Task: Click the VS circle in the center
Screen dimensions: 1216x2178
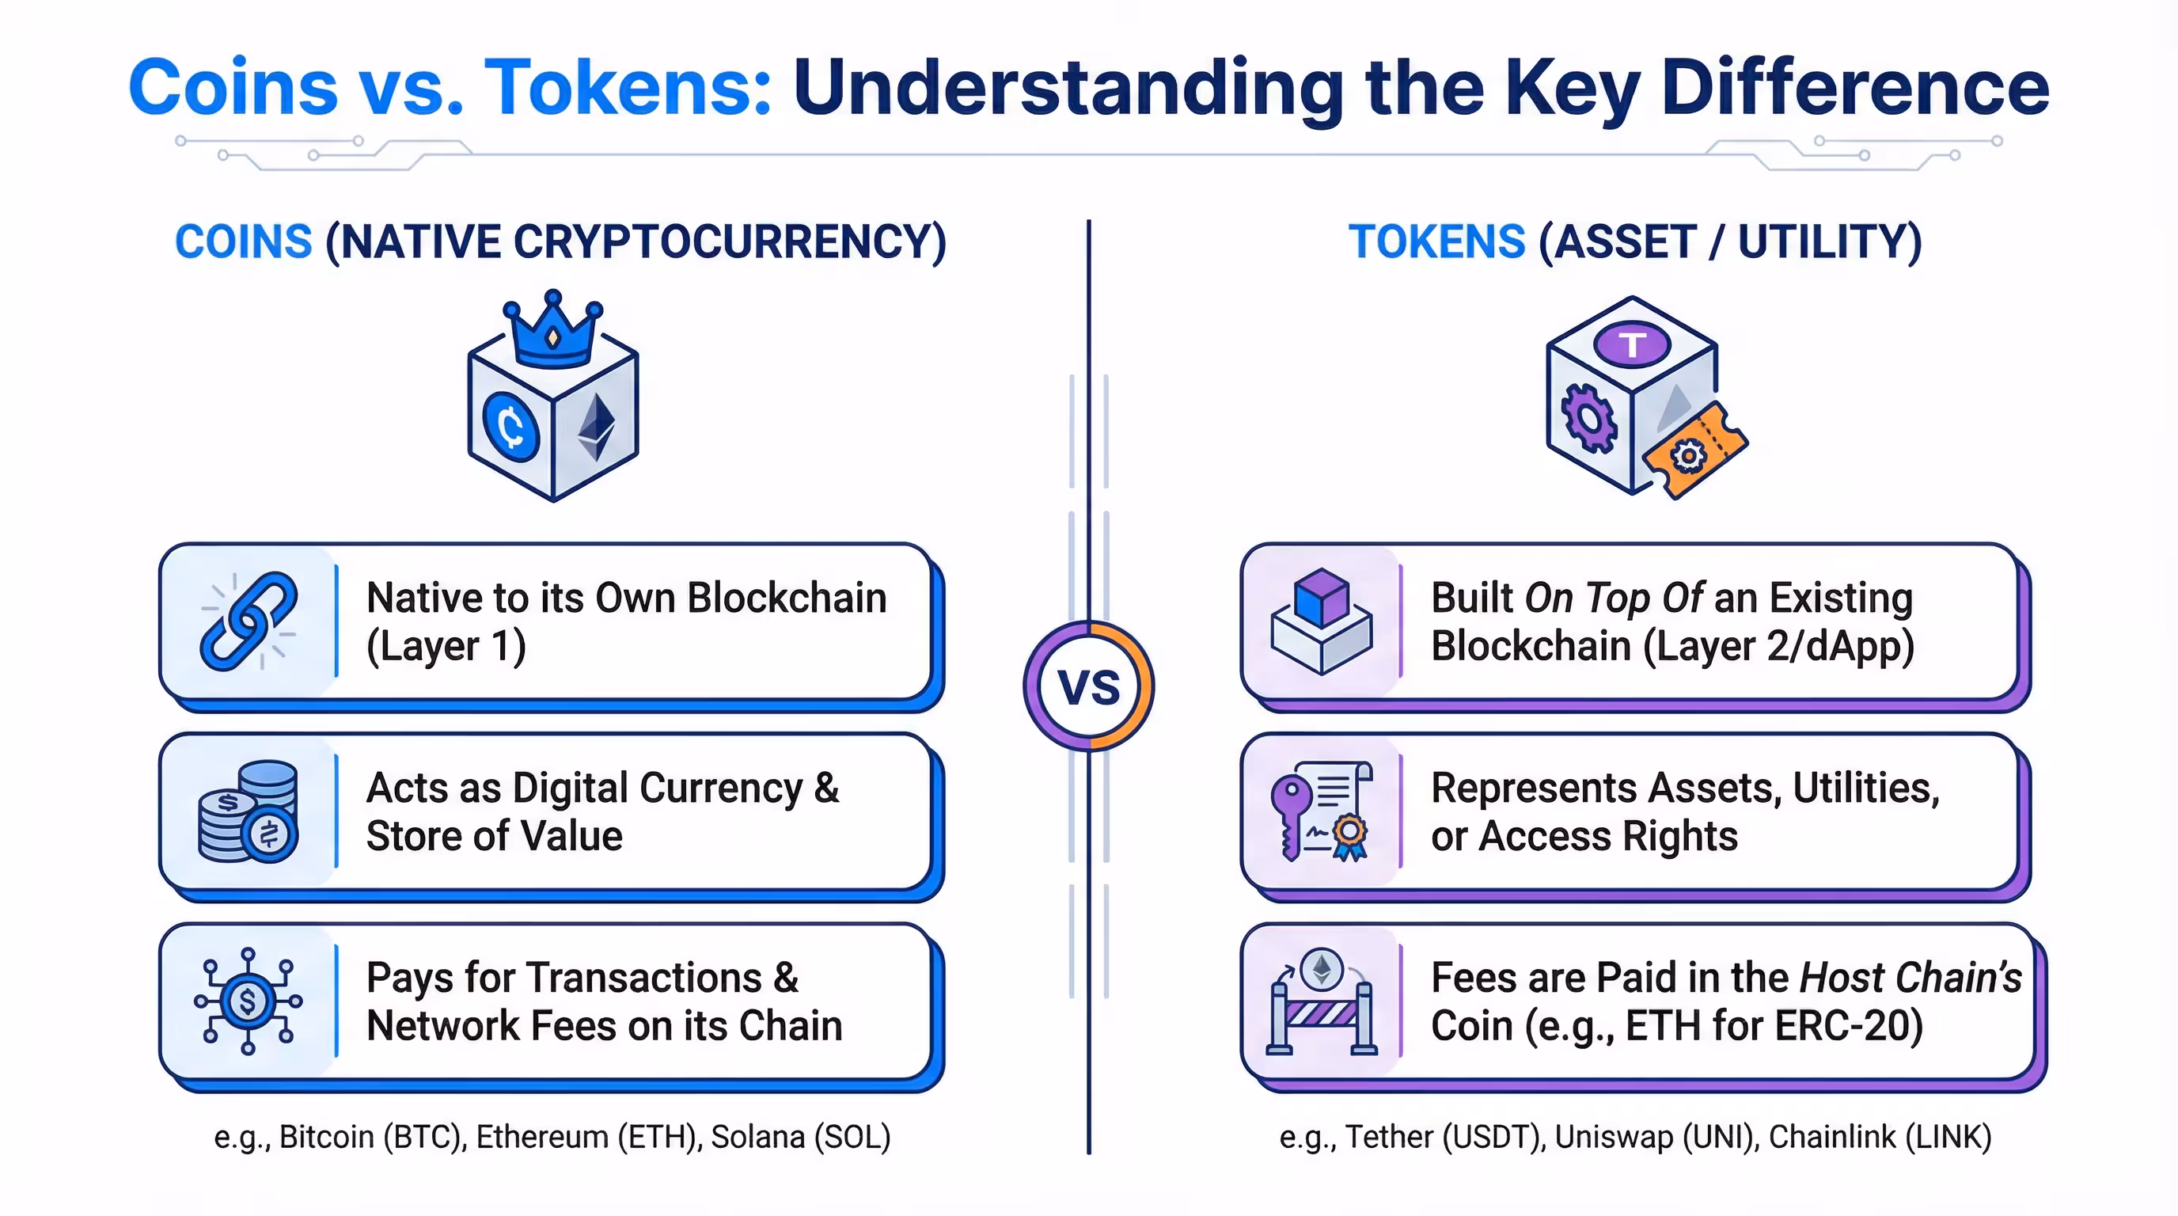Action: (1089, 686)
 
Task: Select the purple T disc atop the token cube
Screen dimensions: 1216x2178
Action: (1632, 344)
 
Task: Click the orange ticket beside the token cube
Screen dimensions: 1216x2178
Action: (1695, 450)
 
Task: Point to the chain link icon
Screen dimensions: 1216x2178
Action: (248, 621)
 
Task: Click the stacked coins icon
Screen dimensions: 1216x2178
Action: (248, 811)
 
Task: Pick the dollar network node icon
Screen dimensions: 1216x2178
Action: (248, 1001)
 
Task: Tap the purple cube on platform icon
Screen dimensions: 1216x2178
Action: (1322, 621)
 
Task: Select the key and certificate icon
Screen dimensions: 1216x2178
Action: (1322, 811)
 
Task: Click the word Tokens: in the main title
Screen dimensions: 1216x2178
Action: (628, 87)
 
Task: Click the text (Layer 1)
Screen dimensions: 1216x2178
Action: (446, 647)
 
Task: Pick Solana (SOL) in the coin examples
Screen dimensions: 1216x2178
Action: (801, 1138)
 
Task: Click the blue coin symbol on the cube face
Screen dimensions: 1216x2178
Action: (510, 425)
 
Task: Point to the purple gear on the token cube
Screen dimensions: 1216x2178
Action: (1588, 418)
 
